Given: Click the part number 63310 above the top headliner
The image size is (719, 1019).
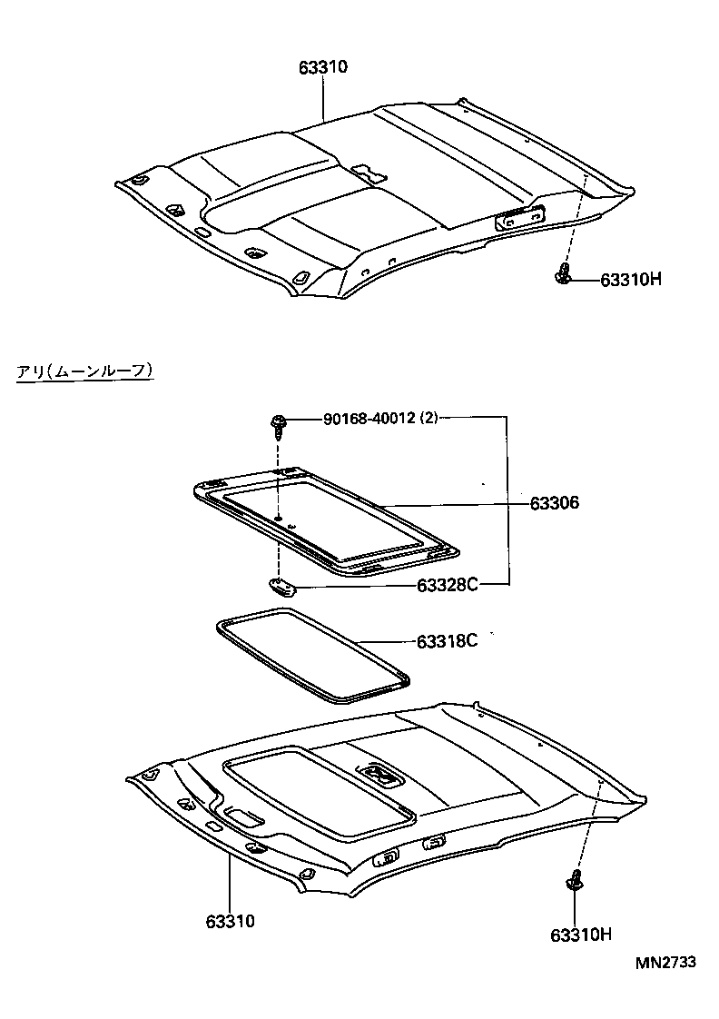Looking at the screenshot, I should click(x=323, y=67).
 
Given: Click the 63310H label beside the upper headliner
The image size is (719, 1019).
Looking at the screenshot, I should click(x=630, y=280).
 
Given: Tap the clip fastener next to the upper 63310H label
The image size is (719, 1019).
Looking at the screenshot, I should click(x=563, y=274).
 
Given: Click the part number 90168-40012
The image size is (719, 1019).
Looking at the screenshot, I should click(x=369, y=419).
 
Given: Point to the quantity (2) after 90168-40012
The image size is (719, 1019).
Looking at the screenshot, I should click(x=429, y=419).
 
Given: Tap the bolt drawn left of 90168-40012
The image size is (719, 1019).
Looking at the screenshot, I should click(x=278, y=423).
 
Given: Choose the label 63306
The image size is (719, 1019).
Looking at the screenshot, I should click(x=555, y=502).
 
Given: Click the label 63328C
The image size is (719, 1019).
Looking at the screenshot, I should click(x=448, y=585).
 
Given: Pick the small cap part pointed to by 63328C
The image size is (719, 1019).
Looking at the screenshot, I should click(x=282, y=584).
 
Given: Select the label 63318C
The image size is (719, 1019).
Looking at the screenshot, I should click(x=448, y=641).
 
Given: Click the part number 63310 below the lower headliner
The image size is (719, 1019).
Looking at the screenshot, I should click(x=230, y=922).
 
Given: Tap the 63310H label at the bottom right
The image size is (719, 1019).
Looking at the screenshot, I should click(x=580, y=934).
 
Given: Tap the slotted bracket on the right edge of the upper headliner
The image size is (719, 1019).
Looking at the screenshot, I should click(x=519, y=218).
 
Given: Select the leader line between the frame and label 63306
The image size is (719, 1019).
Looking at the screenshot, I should click(x=454, y=503).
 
